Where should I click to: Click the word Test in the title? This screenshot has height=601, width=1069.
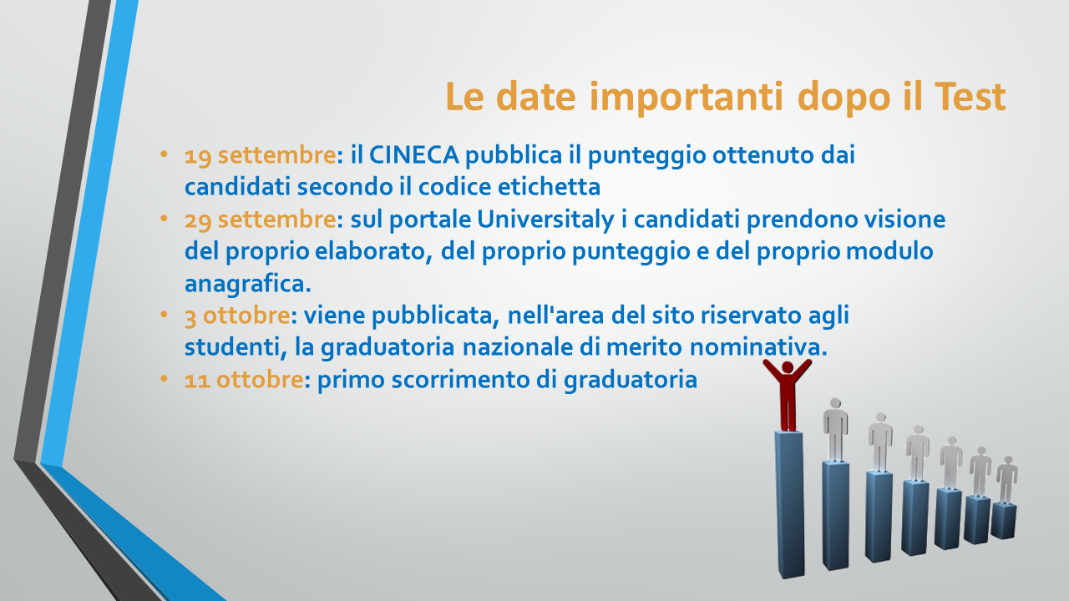point(970,96)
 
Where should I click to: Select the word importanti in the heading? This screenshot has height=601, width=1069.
point(686,98)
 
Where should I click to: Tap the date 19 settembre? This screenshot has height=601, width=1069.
point(260,155)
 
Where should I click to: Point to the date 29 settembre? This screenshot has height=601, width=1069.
point(260,220)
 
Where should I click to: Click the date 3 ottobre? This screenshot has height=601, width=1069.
point(237,316)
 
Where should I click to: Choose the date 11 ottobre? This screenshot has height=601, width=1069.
point(243,380)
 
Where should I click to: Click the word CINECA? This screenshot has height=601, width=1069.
point(413,155)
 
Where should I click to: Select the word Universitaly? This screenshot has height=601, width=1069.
point(545,220)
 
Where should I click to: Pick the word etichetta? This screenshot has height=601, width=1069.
point(549,186)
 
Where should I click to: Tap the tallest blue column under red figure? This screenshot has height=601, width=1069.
point(790,505)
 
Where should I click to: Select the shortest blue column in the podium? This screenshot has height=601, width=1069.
point(1003,522)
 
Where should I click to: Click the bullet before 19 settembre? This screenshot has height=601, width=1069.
point(165,154)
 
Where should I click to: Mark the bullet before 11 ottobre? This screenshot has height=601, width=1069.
point(165,379)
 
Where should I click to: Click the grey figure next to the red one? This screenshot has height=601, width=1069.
point(835,430)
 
